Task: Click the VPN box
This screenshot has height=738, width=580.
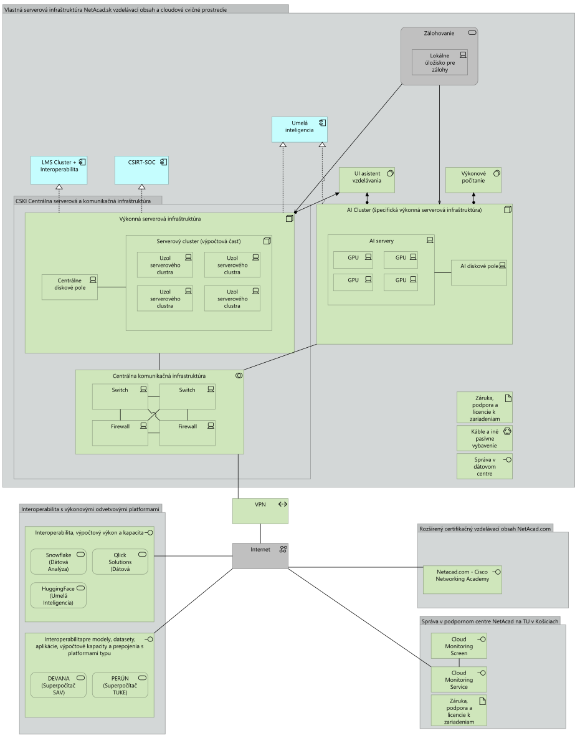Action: click(260, 510)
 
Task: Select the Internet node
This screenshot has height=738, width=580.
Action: click(260, 555)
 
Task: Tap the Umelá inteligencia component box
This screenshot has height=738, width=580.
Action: click(299, 129)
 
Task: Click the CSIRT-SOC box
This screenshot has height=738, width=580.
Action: click(142, 170)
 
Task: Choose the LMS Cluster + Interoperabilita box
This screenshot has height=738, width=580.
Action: click(59, 170)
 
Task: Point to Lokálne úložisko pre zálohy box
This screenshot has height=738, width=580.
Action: click(439, 62)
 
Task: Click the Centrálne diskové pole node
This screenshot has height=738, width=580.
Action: click(69, 287)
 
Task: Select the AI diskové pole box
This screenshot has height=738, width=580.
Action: click(478, 272)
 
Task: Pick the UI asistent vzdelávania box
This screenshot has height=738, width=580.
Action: click(367, 180)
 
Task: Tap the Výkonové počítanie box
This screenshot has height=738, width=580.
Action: click(473, 180)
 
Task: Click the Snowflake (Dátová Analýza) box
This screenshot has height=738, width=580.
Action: click(59, 562)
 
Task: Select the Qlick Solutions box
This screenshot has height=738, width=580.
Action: click(120, 562)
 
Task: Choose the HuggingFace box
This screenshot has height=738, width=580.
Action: click(59, 595)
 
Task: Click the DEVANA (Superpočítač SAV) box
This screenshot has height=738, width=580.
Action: click(59, 685)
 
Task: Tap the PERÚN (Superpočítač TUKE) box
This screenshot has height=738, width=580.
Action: click(120, 685)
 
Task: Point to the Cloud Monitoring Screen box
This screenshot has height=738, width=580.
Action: click(459, 646)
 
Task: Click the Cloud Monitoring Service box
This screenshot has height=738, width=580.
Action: click(459, 679)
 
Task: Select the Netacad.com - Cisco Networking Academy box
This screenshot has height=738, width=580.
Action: click(462, 580)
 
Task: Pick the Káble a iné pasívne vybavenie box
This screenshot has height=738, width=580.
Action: click(484, 438)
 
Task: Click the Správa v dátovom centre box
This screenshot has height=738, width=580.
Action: click(484, 466)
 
